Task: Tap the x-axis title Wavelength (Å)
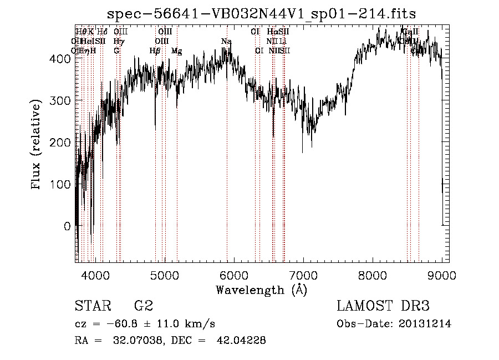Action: point(261,290)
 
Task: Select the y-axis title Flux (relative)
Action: point(37,145)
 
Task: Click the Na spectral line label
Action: point(226,42)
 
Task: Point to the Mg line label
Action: point(176,51)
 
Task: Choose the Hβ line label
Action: point(155,51)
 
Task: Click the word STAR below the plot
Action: point(92,306)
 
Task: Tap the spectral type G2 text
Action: point(144,306)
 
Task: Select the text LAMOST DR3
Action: point(383,306)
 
